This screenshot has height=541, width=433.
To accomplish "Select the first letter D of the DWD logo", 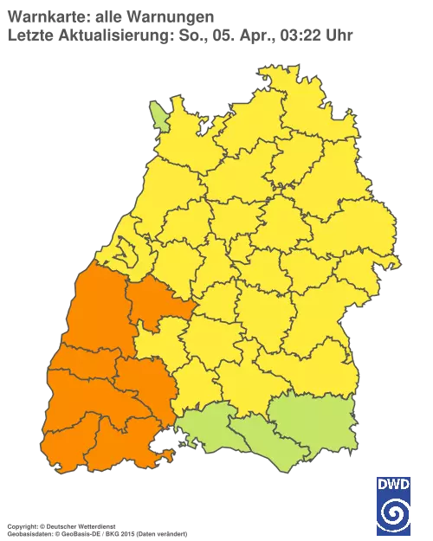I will point(381,482).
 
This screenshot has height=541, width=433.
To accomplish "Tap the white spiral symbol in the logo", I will point(393,511).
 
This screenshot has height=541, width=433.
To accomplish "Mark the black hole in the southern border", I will point(162,448).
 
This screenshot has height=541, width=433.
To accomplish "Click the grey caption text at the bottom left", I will point(95,526).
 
